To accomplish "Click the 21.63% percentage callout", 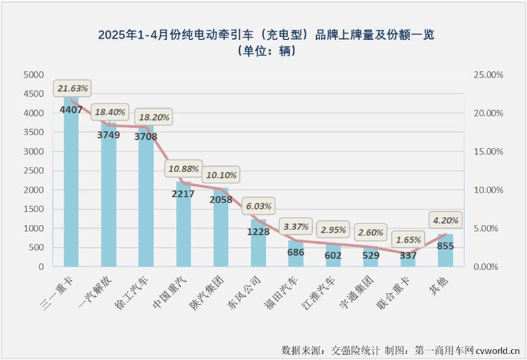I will click(x=72, y=88).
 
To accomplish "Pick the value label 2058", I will click(x=221, y=199).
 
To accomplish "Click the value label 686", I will click(x=295, y=252).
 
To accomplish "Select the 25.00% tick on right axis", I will click(x=488, y=75).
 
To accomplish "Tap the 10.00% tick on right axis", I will click(x=488, y=190).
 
